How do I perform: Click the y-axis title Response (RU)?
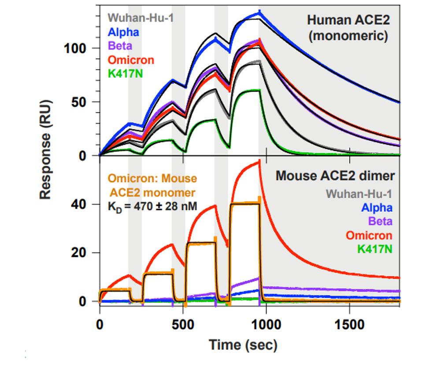[46, 150]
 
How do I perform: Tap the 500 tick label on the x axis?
[183, 325]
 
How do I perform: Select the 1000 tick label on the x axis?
[266, 325]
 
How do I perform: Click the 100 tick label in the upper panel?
[76, 48]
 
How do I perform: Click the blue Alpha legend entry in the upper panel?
[124, 32]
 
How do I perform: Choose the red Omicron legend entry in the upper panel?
[131, 60]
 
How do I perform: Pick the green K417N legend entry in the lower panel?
[374, 249]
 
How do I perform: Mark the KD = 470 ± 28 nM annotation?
[150, 206]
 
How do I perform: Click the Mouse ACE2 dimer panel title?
[335, 176]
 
